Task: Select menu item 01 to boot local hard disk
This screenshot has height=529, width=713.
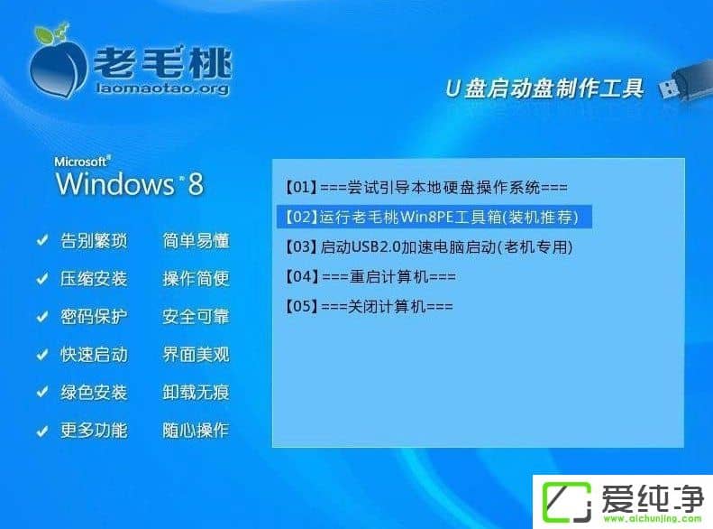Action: click(425, 188)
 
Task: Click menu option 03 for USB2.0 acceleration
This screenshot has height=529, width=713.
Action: click(428, 246)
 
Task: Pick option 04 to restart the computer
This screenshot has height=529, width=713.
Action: click(370, 276)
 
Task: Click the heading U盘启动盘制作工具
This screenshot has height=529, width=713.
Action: click(545, 88)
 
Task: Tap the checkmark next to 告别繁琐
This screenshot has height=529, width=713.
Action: click(41, 241)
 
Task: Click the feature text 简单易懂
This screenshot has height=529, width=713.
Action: click(196, 241)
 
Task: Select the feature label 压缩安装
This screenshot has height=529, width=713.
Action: click(94, 279)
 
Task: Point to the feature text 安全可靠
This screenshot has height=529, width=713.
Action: click(196, 317)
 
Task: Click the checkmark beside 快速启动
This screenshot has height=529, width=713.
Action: click(41, 355)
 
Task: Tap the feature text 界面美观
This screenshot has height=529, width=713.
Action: click(196, 355)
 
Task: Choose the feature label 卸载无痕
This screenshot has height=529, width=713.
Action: click(196, 393)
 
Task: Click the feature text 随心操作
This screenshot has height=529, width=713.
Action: click(196, 431)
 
